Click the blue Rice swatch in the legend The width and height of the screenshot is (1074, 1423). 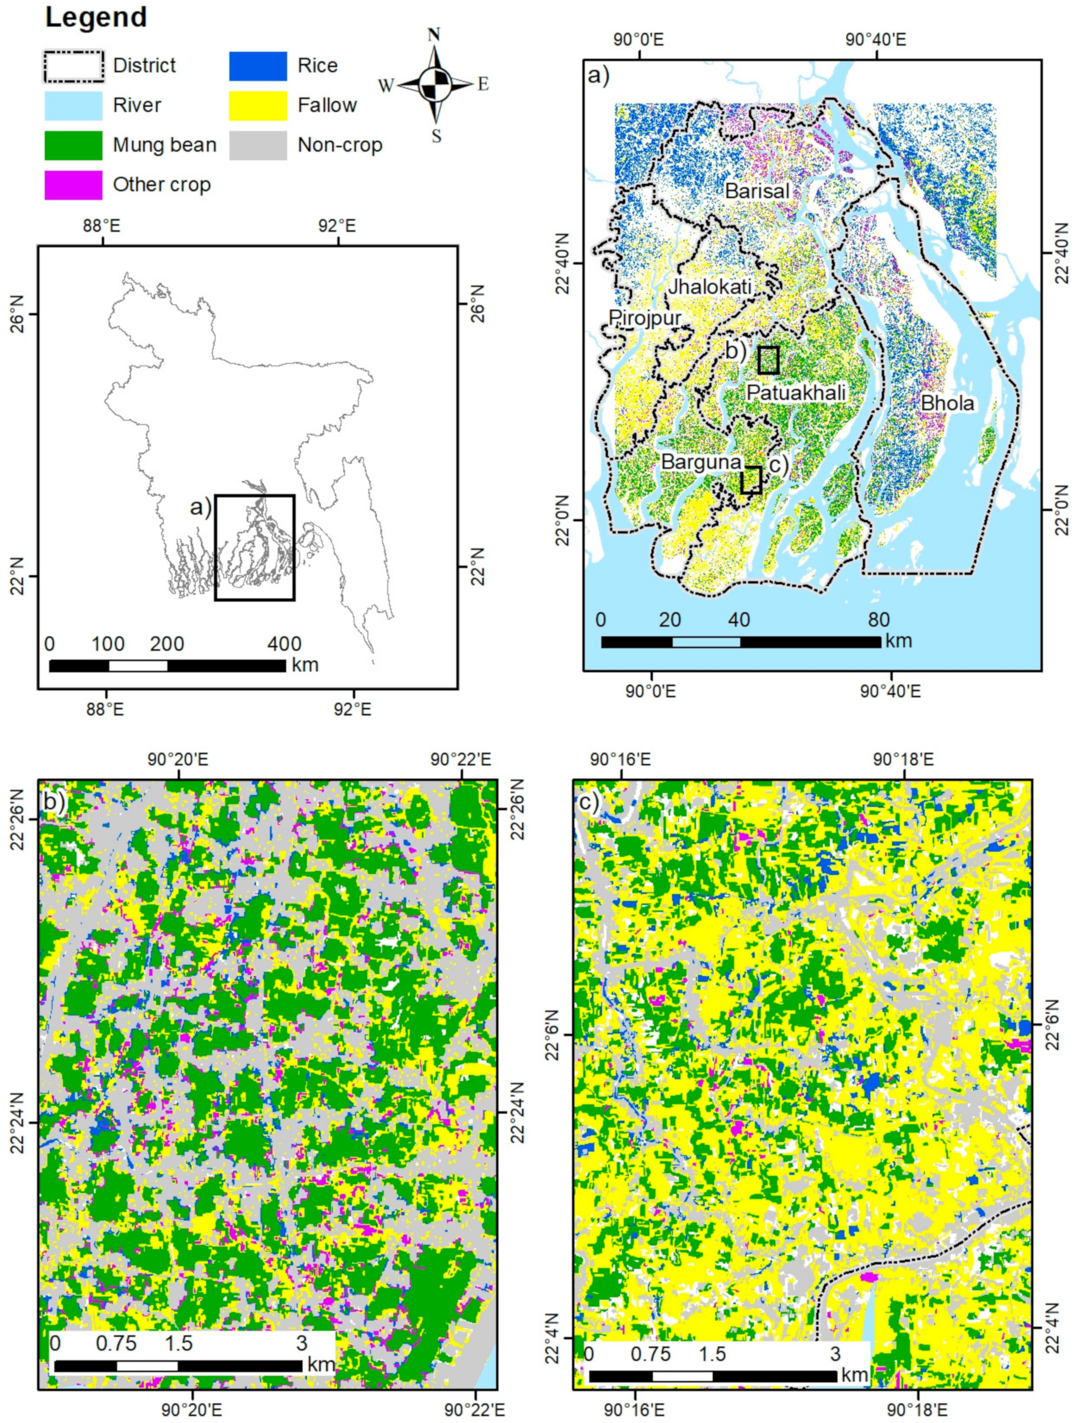[258, 66]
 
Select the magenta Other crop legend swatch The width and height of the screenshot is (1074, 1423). [73, 185]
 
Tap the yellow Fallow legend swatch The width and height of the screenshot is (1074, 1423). [258, 105]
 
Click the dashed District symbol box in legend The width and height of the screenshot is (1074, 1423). [73, 66]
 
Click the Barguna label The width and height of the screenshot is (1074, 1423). [701, 462]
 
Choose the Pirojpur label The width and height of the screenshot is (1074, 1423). [644, 318]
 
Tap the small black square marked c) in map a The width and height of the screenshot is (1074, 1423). [750, 480]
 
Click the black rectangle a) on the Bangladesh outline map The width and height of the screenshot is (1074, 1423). [254, 547]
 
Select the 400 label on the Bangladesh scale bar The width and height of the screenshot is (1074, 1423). [284, 643]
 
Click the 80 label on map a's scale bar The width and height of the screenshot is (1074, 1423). [878, 620]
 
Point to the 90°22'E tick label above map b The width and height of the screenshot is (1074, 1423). [461, 760]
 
